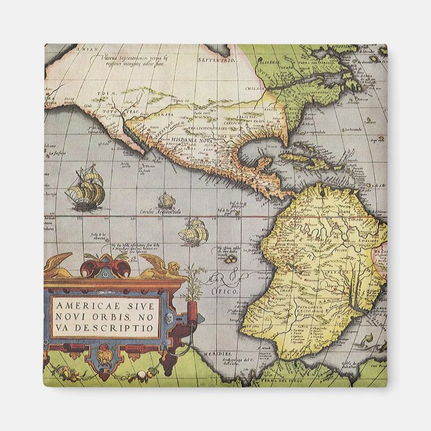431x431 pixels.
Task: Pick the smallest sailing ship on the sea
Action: (166, 200)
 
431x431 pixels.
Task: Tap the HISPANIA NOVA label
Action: (193, 141)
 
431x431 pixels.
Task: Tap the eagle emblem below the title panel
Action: (104, 354)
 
